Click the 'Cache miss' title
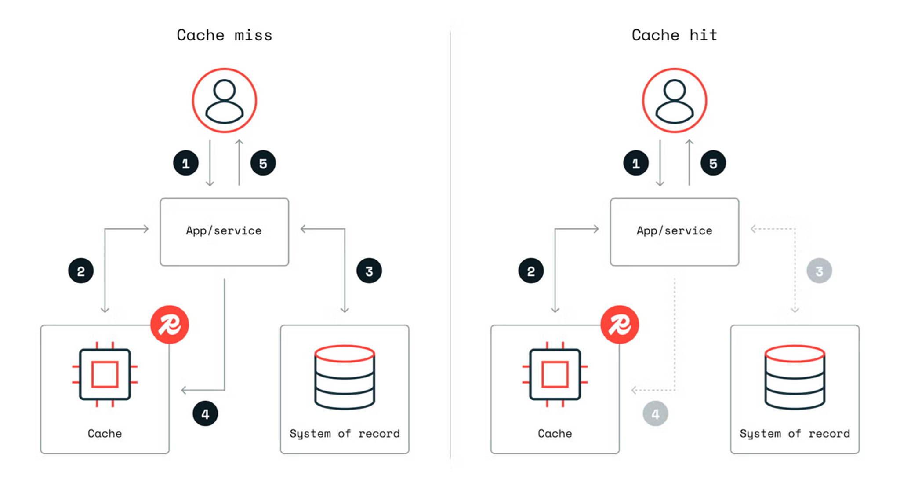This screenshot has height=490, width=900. tap(224, 35)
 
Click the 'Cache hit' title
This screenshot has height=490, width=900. tap(674, 35)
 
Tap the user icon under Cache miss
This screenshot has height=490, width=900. tap(224, 100)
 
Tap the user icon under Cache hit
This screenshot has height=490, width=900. tap(674, 100)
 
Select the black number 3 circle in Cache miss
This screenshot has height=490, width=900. tap(369, 271)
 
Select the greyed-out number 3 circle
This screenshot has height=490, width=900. tap(819, 271)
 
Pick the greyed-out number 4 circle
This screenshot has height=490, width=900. tap(655, 414)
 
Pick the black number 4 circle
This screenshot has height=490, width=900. tap(205, 414)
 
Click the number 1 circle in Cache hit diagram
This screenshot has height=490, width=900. tap(635, 163)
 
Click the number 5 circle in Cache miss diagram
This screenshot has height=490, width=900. tap(263, 163)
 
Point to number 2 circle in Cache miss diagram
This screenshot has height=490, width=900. tap(81, 271)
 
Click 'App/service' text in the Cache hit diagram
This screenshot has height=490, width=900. tap(674, 231)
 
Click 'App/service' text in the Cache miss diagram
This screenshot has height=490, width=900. tap(224, 231)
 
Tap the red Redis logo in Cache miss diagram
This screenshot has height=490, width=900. tap(170, 325)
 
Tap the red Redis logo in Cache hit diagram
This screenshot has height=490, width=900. tap(620, 325)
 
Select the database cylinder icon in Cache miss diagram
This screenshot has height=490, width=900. tap(345, 377)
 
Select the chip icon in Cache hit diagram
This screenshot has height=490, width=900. tap(555, 374)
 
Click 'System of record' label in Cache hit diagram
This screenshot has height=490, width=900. tap(795, 434)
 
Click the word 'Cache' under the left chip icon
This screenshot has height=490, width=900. tap(105, 434)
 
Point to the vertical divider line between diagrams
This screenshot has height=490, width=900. tap(450, 246)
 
